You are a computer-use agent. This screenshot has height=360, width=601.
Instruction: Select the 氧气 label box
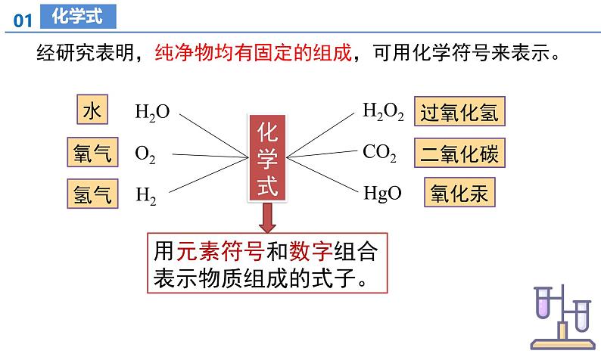pos(91,154)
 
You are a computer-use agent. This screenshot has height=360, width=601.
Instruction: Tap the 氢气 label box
pos(91,194)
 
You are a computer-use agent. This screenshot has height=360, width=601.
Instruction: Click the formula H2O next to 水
pos(152,113)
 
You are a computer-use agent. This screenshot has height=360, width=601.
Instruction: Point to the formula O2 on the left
pos(145,154)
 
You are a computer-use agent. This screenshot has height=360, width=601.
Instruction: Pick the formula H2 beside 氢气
pos(146,196)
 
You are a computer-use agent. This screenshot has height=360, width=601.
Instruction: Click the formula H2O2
pos(383,113)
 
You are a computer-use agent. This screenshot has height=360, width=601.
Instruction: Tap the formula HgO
pos(382,194)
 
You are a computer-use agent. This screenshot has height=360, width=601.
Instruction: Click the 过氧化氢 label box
pos(459,112)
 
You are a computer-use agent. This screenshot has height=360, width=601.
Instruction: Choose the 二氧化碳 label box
pos(459,154)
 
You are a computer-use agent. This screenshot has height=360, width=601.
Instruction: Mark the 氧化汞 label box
pos(459,194)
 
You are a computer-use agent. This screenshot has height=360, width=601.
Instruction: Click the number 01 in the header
pos(23,22)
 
